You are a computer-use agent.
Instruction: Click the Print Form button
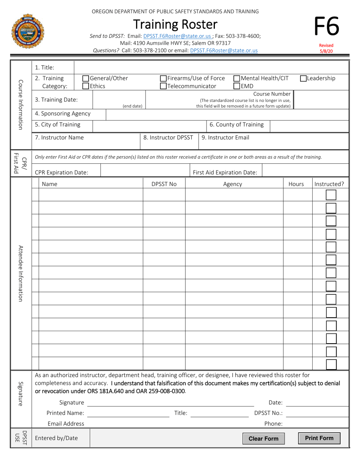(319, 438)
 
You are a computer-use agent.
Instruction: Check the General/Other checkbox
(86, 79)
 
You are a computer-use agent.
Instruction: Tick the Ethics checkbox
(86, 86)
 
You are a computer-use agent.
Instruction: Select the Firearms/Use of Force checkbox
(163, 79)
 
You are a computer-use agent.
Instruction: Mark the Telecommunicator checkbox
(163, 86)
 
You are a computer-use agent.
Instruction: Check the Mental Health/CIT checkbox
(237, 79)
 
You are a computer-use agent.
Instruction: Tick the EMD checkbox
(237, 86)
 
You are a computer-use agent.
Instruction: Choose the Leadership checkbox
(303, 79)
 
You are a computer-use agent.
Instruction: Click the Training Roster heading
(175, 25)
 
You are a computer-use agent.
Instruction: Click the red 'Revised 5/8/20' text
(326, 48)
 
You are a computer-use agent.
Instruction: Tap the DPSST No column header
(164, 184)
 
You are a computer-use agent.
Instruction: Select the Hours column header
(296, 184)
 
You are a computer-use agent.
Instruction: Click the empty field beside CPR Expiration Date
(145, 172)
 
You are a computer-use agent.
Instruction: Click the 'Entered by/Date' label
(56, 438)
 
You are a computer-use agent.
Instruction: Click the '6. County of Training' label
(237, 125)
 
